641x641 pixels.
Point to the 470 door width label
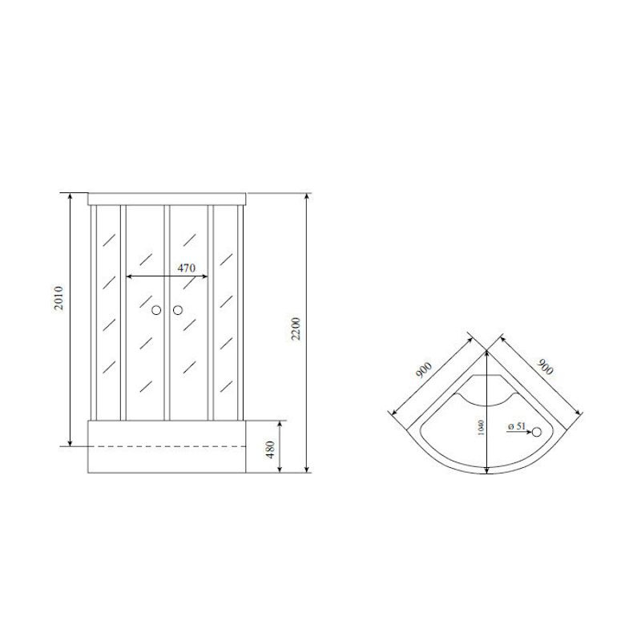[x=187, y=268]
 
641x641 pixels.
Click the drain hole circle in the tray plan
[x=538, y=433]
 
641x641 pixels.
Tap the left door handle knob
[x=156, y=309]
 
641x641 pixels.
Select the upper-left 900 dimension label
[x=423, y=371]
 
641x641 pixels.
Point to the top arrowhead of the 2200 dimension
[x=307, y=196]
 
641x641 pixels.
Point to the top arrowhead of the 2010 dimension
[x=71, y=196]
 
